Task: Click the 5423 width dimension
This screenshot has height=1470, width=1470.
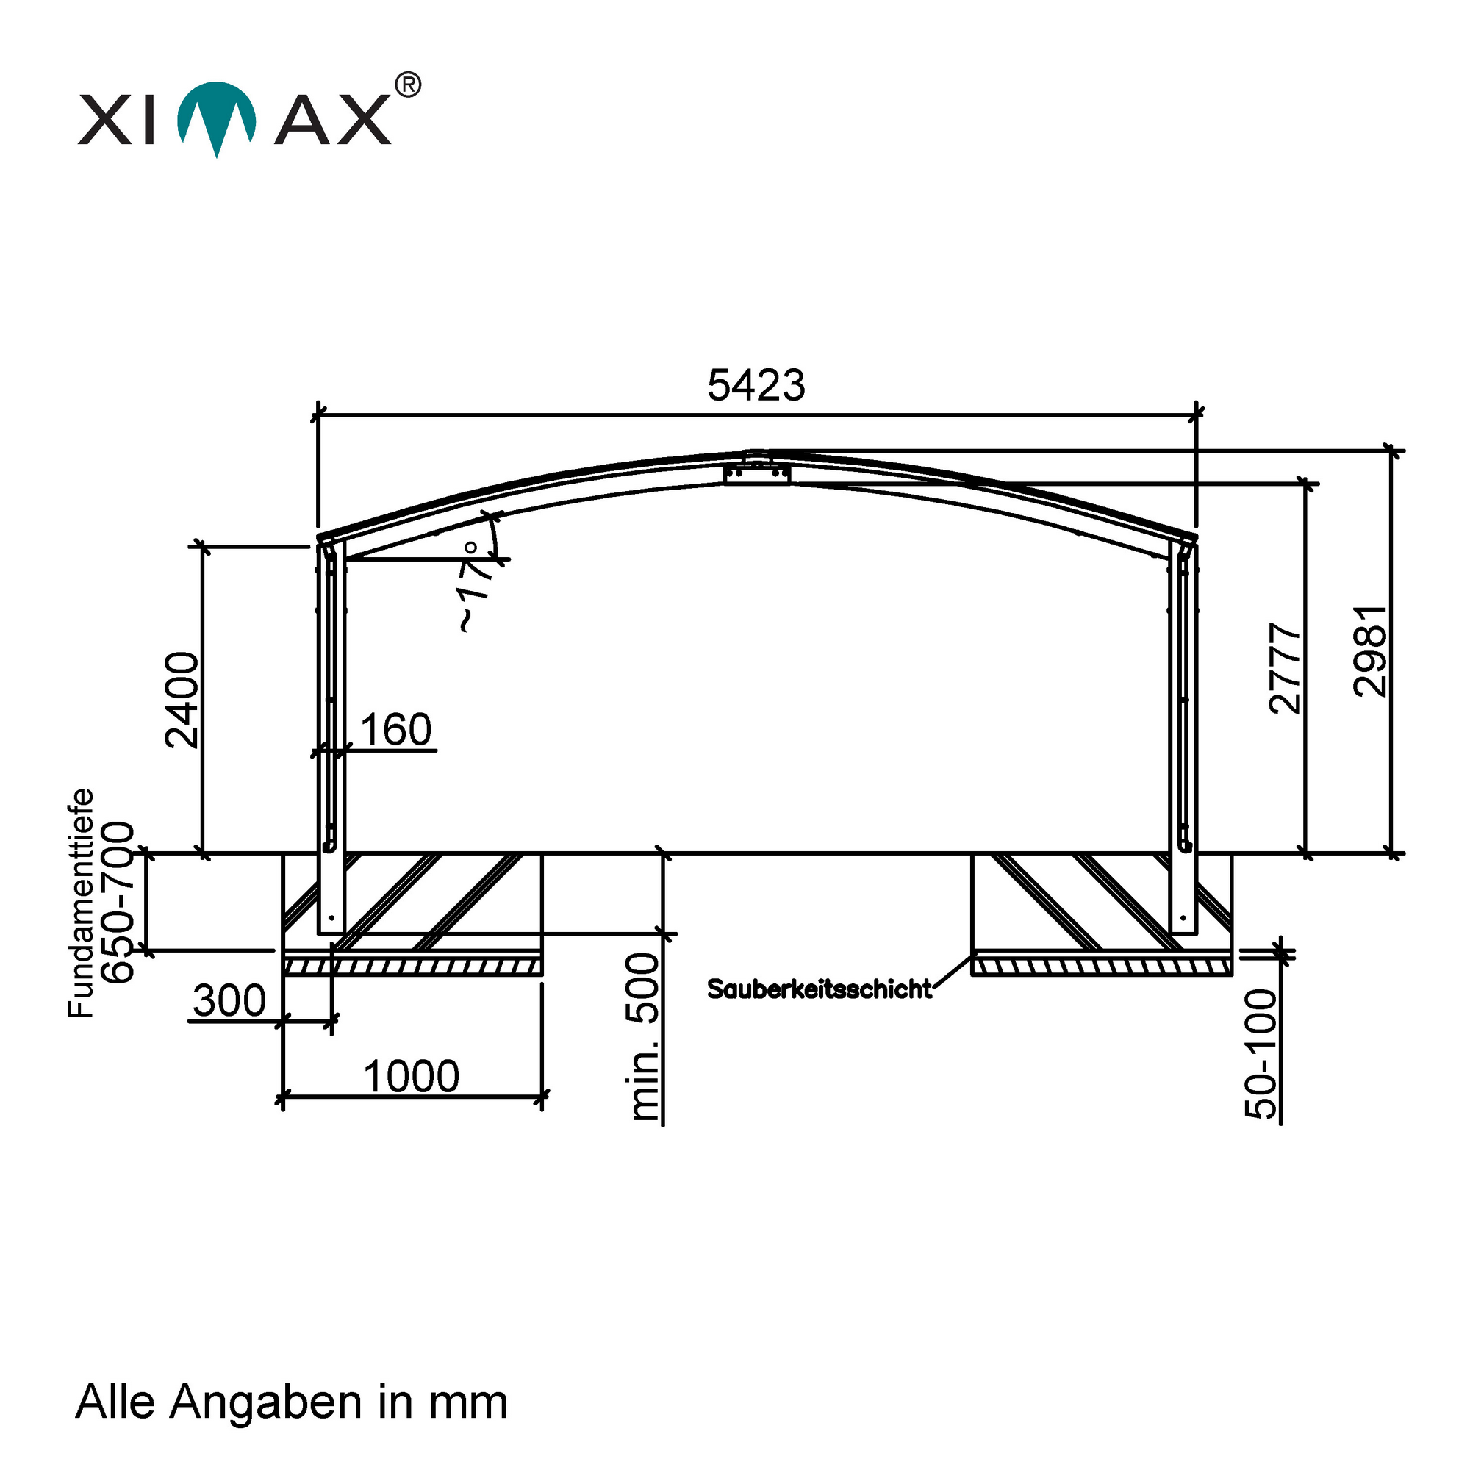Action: [x=756, y=385]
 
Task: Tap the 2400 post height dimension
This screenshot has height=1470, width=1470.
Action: [x=182, y=700]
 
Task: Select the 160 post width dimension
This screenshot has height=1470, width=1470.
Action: [x=395, y=729]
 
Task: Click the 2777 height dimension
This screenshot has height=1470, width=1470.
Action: [x=1286, y=668]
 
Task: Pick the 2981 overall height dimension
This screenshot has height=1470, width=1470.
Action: [x=1370, y=651]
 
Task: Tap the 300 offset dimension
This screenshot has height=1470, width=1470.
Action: [x=229, y=1000]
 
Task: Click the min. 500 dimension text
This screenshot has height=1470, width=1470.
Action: [x=644, y=1037]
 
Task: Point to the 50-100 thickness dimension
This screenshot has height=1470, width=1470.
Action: [x=1261, y=1054]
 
